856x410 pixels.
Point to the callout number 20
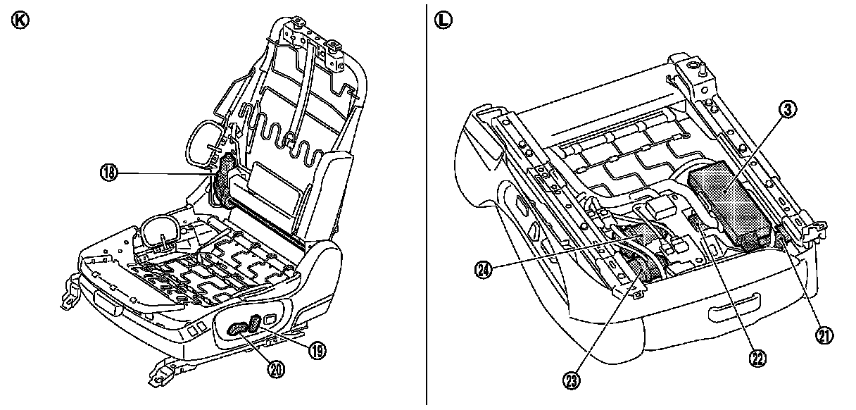pos(277,368)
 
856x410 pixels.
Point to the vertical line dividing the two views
pos(427,204)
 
